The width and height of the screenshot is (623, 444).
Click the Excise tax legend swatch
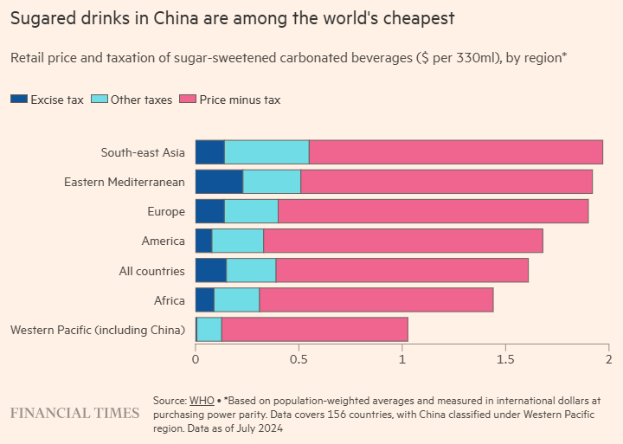(x=18, y=100)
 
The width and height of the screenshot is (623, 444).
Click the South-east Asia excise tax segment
(x=210, y=152)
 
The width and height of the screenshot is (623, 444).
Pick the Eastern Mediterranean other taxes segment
(x=272, y=182)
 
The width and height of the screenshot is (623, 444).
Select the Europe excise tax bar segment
(x=210, y=211)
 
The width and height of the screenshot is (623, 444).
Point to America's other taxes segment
(x=238, y=241)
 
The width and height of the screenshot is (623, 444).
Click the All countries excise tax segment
(x=211, y=271)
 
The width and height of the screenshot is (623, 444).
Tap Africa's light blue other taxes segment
(x=237, y=300)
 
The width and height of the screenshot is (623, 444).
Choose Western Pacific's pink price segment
(x=314, y=330)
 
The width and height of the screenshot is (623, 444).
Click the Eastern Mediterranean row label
(x=125, y=182)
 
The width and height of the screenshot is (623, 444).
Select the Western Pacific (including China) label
(x=97, y=330)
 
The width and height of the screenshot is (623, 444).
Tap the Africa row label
(x=170, y=300)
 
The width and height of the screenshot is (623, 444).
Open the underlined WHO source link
(x=202, y=401)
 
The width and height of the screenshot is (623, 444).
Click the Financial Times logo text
(x=74, y=413)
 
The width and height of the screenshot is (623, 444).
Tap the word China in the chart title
(x=148, y=17)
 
